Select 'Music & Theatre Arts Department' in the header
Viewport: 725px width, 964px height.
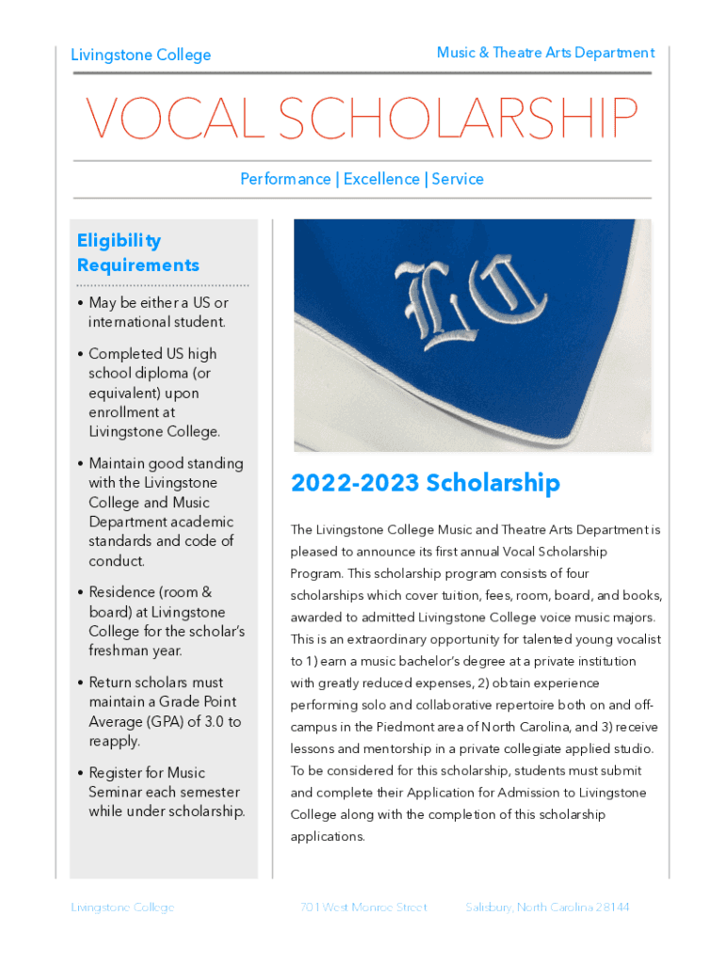545,53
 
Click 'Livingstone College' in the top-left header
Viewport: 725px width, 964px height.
141,55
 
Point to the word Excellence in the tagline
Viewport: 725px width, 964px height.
381,179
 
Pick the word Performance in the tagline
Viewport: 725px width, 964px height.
284,179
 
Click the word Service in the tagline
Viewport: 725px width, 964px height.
458,179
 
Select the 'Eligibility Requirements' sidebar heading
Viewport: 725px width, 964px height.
137,252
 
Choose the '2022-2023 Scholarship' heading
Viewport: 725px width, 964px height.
426,483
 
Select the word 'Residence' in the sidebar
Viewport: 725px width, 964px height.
122,592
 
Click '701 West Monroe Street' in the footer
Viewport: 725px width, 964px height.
363,908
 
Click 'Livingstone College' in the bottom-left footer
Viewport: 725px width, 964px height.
122,908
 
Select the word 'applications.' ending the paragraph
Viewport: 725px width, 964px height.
328,836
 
